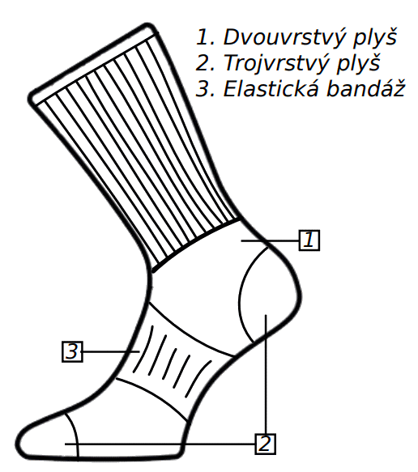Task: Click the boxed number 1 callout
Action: (309, 240)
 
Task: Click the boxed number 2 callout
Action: (266, 444)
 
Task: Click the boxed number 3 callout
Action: (72, 351)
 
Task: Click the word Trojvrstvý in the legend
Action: (275, 63)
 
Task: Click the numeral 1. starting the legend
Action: (205, 37)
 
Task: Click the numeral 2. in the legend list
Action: (205, 63)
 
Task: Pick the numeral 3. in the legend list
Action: (205, 88)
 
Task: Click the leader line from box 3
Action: (111, 351)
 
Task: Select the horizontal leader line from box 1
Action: (270, 240)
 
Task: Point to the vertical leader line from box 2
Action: (266, 374)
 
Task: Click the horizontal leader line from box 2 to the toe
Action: (160, 444)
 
